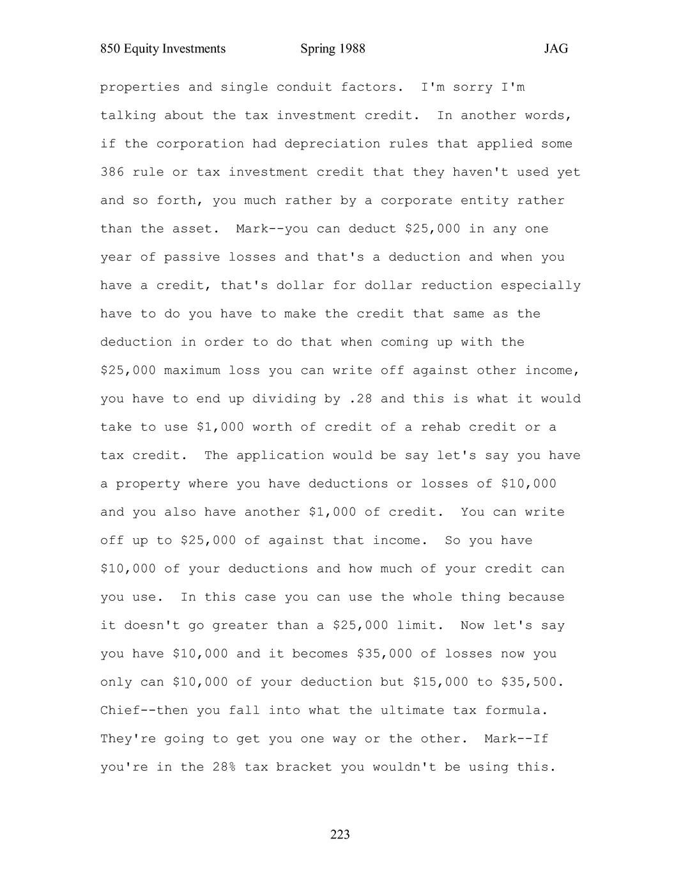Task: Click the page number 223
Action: tap(340, 834)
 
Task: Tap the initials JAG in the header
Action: tap(556, 49)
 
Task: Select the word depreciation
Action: tap(324, 144)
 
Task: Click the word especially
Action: tap(540, 285)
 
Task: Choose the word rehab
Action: tap(440, 427)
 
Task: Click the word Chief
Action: tap(120, 710)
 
